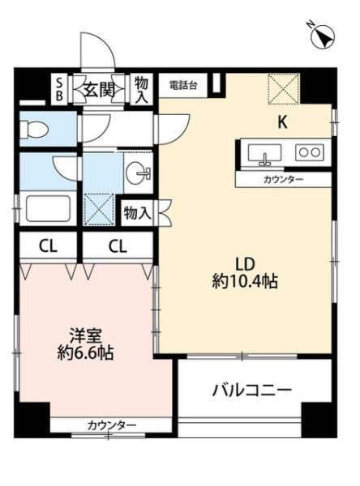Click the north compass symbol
click(x=323, y=36)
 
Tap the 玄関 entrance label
click(x=99, y=91)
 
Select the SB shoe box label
click(x=58, y=88)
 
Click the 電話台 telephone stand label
click(x=182, y=85)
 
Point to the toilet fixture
click(x=33, y=129)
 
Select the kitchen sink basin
click(x=264, y=153)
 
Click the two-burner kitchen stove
click(x=310, y=152)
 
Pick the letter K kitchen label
click(x=282, y=122)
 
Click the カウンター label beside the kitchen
click(x=283, y=180)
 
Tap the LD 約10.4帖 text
click(x=245, y=273)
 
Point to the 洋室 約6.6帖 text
click(x=85, y=344)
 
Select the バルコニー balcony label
click(x=252, y=390)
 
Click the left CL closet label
click(x=48, y=246)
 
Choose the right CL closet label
click(x=118, y=246)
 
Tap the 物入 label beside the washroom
click(x=138, y=213)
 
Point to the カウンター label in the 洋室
click(x=112, y=425)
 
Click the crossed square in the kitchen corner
click(x=284, y=89)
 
